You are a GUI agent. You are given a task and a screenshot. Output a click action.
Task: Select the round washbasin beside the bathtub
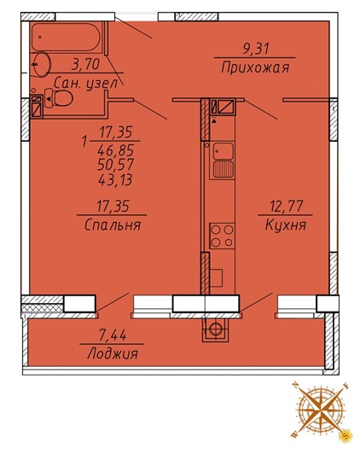tap(40, 63)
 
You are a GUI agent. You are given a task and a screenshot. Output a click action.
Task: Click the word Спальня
tap(113, 225)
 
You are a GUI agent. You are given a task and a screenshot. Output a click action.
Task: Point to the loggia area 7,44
tap(112, 333)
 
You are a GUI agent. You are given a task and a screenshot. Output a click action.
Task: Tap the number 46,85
tap(117, 149)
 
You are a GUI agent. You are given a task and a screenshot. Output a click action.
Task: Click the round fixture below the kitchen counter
tap(216, 327)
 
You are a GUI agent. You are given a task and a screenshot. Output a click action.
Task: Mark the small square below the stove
tap(216, 275)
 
